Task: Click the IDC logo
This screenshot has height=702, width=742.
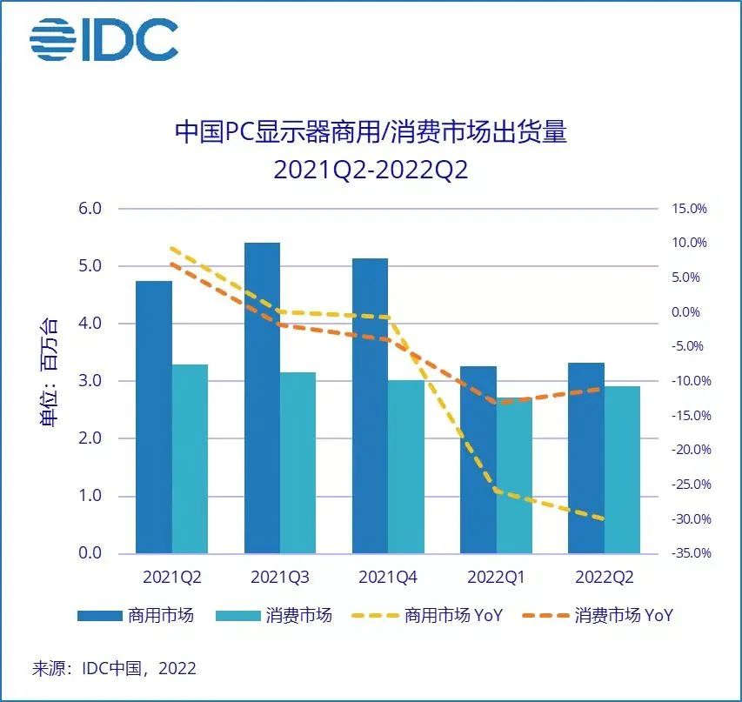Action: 104,39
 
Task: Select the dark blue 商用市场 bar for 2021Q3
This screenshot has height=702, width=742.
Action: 262,398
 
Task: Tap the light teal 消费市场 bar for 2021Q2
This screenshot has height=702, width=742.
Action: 190,458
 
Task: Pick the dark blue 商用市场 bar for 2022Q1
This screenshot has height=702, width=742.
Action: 478,459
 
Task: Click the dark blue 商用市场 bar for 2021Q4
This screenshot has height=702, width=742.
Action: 370,405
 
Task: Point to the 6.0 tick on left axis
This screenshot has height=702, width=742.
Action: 90,209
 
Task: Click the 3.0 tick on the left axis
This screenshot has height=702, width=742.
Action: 90,381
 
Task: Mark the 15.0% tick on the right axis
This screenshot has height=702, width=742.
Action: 689,209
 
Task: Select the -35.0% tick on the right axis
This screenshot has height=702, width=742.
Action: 687,553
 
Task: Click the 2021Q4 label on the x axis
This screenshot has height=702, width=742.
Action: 388,577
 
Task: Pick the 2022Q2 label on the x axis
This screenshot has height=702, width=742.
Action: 604,577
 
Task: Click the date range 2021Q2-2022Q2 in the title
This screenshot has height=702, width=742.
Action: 371,169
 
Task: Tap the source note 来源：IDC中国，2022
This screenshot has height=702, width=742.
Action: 114,668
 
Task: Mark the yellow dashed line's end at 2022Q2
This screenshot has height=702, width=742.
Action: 603,519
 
